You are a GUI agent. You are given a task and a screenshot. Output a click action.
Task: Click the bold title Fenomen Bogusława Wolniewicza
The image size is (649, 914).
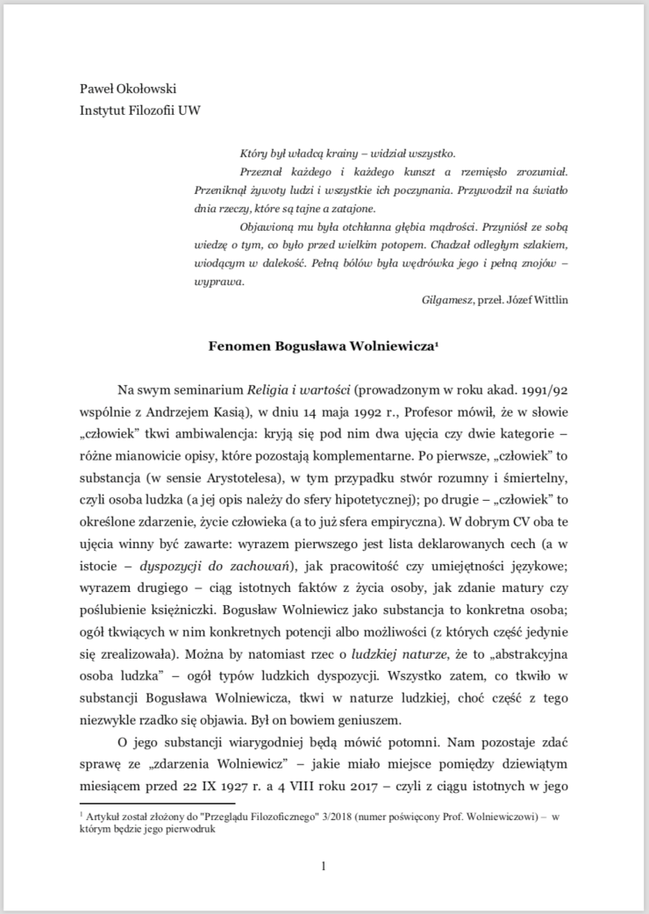point(321,346)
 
